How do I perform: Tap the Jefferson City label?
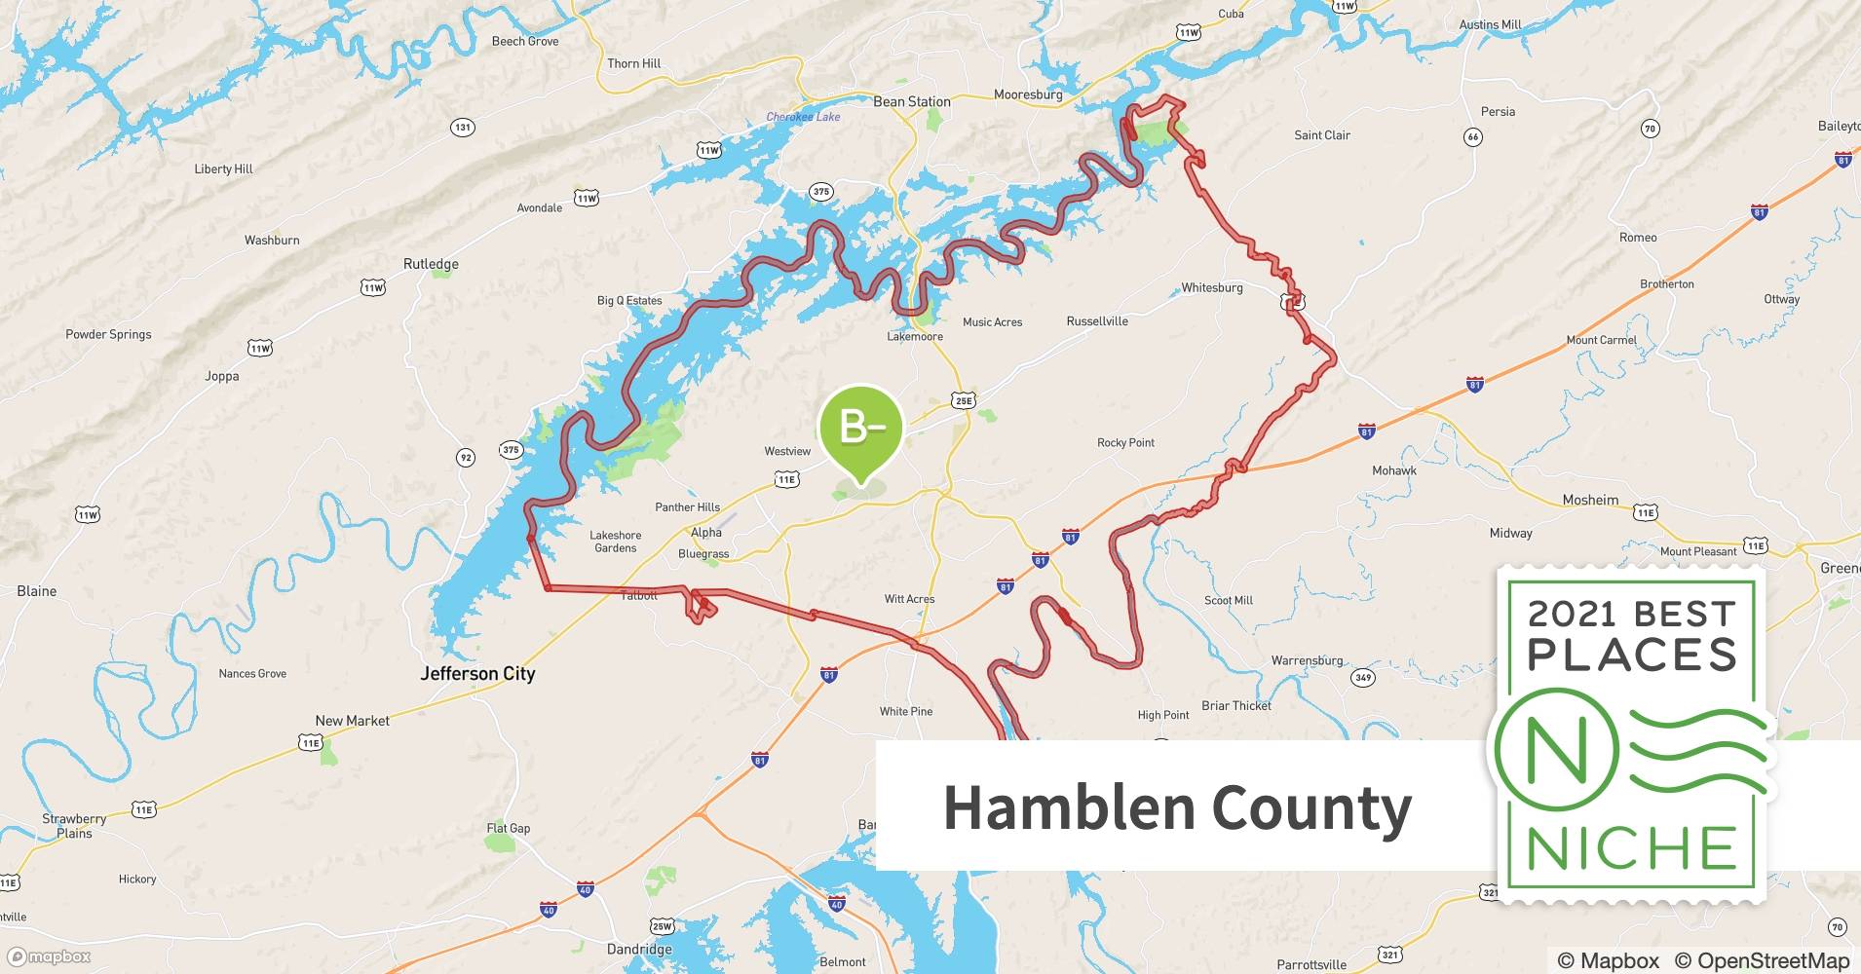(477, 673)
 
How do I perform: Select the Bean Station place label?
(911, 101)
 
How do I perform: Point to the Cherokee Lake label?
(803, 117)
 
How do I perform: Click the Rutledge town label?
(431, 264)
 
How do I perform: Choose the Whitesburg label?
(1211, 287)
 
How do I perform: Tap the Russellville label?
(1097, 320)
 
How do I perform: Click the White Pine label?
(906, 711)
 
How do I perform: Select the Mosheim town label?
(1590, 500)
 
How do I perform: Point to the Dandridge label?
(639, 949)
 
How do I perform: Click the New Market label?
(352, 721)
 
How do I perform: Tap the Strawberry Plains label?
(74, 826)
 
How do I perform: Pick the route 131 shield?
(463, 128)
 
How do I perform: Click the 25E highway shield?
(963, 400)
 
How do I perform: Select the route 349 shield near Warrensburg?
(1362, 677)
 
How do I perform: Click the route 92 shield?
(466, 458)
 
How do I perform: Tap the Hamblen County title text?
(1177, 806)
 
